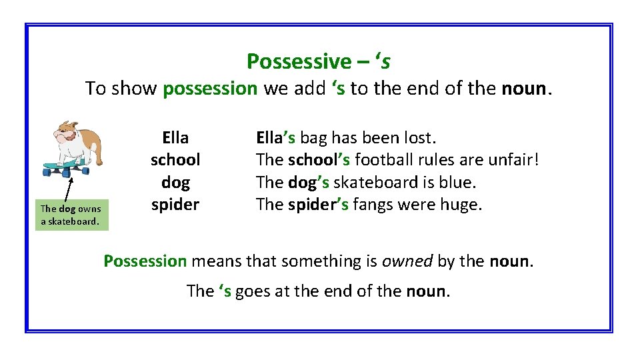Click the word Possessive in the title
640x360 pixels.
tap(298, 61)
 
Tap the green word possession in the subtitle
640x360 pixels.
tap(210, 89)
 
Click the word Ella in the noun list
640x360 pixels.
tap(175, 138)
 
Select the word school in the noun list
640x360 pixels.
tap(175, 160)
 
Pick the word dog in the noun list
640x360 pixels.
tap(175, 183)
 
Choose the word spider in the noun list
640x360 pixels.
tap(175, 205)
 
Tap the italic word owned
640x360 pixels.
tap(407, 261)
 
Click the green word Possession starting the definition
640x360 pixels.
tap(145, 261)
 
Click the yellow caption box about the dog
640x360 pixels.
tap(71, 215)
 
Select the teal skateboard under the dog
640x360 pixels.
tap(65, 167)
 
